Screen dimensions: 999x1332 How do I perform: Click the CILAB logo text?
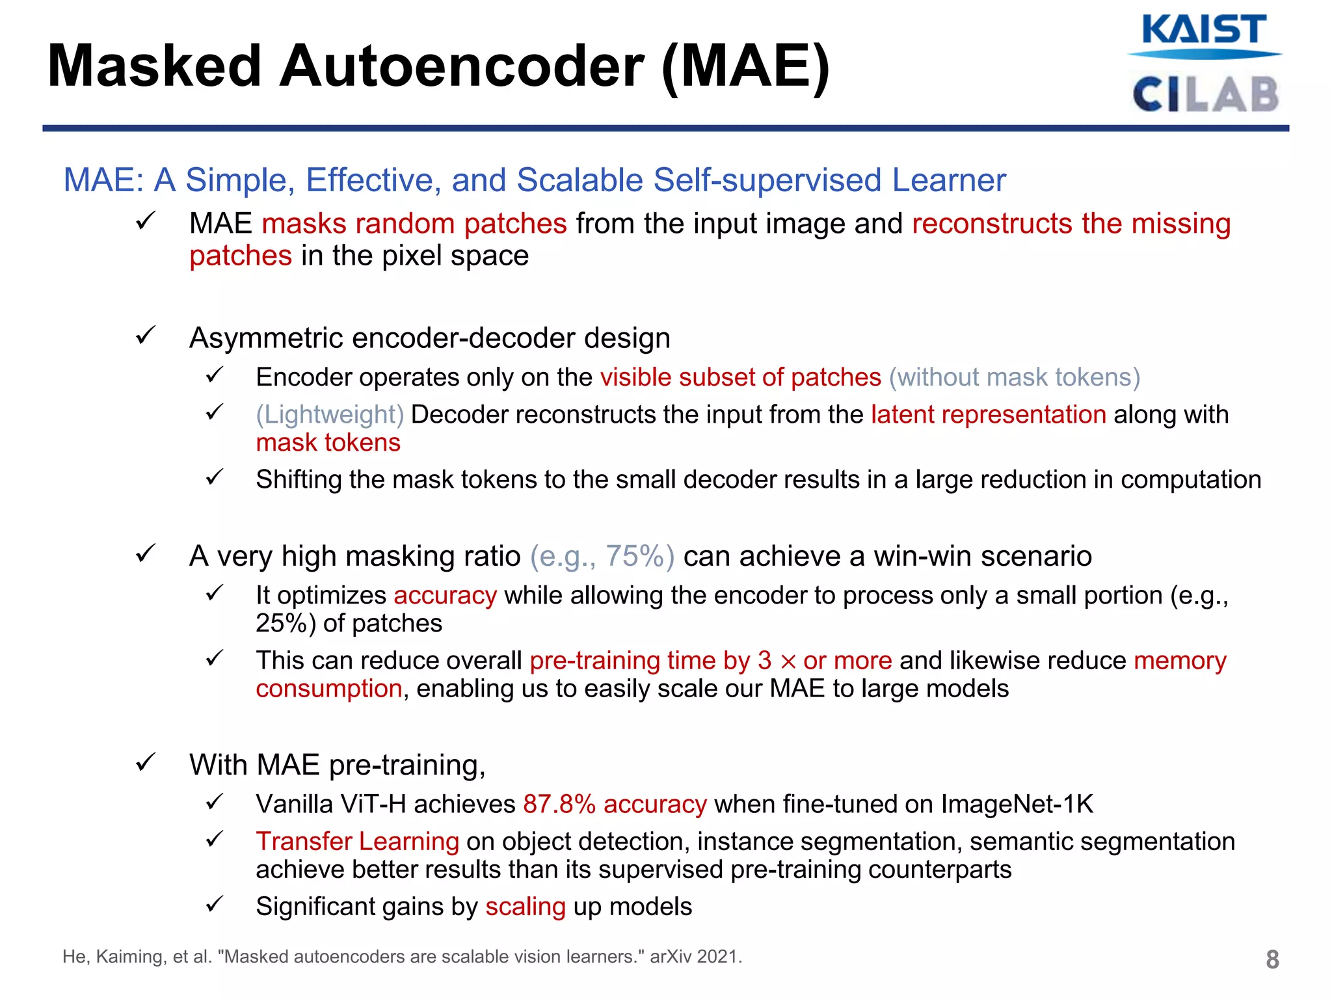pyautogui.click(x=1205, y=95)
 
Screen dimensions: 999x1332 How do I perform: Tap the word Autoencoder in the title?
pyautogui.click(x=462, y=66)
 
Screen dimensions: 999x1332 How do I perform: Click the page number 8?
pyautogui.click(x=1272, y=959)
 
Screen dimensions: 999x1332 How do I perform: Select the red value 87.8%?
pyautogui.click(x=559, y=805)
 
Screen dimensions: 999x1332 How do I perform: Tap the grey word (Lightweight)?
pyautogui.click(x=330, y=415)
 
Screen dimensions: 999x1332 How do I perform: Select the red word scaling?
pyautogui.click(x=526, y=907)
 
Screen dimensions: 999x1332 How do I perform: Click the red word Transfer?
pyautogui.click(x=304, y=842)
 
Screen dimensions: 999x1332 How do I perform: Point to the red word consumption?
pyautogui.click(x=328, y=689)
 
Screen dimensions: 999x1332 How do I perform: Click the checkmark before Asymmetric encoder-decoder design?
pyautogui.click(x=144, y=336)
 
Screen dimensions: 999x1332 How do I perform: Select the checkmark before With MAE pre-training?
pyautogui.click(x=144, y=762)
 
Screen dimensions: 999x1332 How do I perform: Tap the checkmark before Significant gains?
pyautogui.click(x=214, y=904)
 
